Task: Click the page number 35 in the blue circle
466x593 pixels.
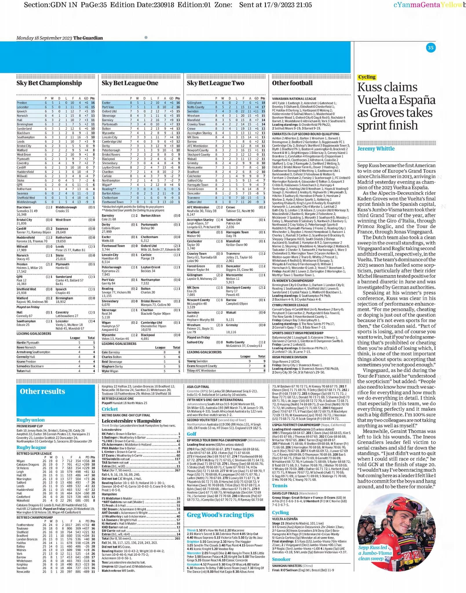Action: point(430,48)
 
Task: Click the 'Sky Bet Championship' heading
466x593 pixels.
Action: point(49,83)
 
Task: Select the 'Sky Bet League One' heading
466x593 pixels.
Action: point(130,83)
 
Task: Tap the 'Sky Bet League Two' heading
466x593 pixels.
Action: point(215,83)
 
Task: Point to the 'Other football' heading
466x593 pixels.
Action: point(292,83)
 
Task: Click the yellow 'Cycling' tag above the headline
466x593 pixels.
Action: point(367,77)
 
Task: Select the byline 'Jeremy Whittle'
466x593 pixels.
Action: point(376,149)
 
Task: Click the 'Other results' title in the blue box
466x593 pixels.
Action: point(42,391)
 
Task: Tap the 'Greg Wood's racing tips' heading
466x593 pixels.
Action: point(220,515)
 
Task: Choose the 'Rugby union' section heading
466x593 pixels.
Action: point(30,420)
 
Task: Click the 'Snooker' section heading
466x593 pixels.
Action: point(281,559)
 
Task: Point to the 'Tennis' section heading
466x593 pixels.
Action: point(279,486)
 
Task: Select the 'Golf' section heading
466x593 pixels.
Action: point(191,434)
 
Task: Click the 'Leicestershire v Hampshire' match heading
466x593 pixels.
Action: point(131,421)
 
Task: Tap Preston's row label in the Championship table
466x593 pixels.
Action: point(22,103)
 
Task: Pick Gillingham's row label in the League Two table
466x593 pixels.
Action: point(194,103)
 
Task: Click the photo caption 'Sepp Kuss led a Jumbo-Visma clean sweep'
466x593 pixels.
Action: point(374,553)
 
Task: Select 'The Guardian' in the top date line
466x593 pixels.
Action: point(88,38)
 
